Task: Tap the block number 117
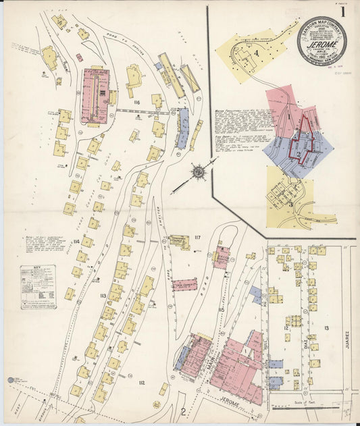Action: (197, 236)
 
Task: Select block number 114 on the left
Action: (76, 241)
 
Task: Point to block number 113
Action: (103, 296)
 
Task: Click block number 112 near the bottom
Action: (141, 383)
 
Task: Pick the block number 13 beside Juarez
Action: (326, 329)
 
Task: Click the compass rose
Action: (199, 172)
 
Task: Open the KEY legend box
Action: (38, 287)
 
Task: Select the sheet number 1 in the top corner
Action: (343, 11)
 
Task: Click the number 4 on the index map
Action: (257, 53)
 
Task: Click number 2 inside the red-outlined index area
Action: (298, 154)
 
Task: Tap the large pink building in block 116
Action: (95, 96)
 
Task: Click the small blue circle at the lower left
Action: (11, 381)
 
